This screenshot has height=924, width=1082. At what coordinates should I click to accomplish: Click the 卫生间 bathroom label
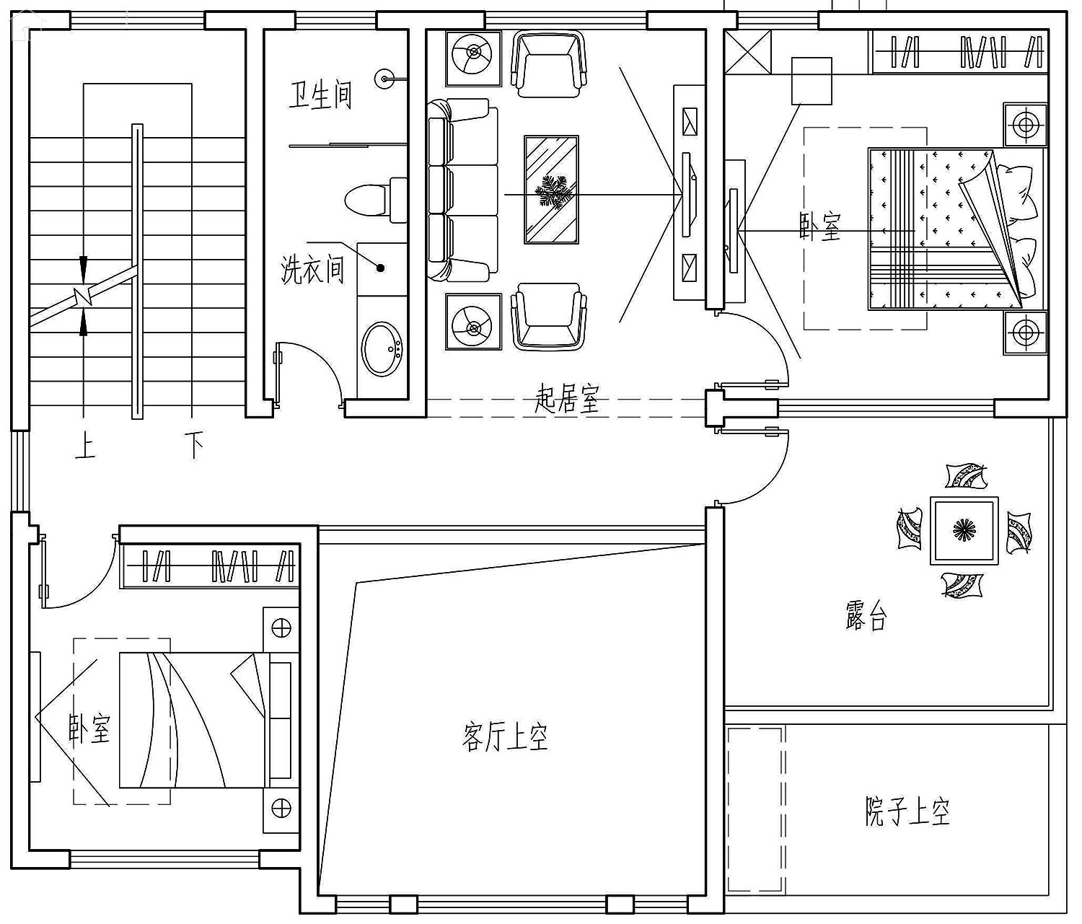[320, 96]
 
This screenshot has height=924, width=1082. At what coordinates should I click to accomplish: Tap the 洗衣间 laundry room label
[312, 269]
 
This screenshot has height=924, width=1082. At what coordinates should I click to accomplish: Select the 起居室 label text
[567, 399]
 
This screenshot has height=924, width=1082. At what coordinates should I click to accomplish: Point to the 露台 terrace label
[866, 615]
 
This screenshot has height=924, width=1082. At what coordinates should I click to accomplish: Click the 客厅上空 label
[505, 738]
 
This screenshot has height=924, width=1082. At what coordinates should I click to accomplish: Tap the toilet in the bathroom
[376, 200]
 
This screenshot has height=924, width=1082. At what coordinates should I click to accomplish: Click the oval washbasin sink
[382, 348]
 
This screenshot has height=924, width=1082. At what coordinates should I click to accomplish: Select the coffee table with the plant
[551, 190]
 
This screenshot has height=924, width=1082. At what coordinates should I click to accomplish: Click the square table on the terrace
[964, 531]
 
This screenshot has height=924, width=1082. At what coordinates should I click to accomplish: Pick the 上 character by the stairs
[85, 446]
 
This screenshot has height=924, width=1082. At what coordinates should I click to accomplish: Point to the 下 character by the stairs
[194, 446]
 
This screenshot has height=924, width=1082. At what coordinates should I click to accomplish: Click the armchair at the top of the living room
[548, 63]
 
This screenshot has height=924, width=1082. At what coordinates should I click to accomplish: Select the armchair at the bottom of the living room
[549, 316]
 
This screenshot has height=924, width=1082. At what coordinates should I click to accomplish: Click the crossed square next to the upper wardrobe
[747, 51]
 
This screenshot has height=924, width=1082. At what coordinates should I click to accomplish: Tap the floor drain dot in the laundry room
[381, 268]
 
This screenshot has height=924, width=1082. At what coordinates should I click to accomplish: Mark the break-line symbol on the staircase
[84, 296]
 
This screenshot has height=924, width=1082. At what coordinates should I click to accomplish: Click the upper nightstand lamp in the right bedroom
[1025, 125]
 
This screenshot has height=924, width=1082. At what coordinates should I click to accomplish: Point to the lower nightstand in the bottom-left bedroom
[281, 809]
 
